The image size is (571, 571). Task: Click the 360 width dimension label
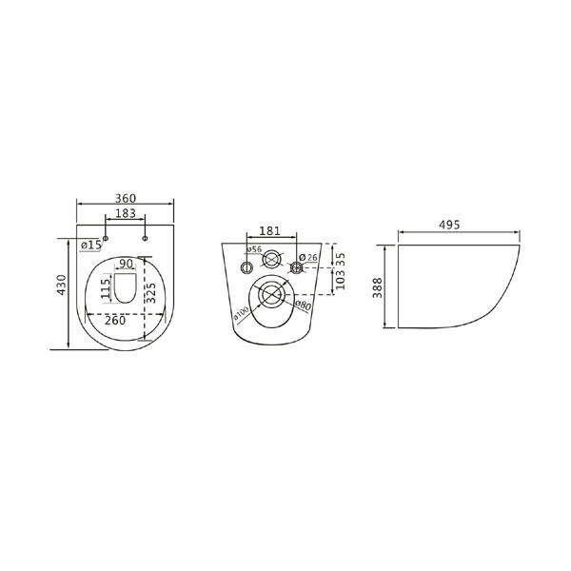(x=126, y=199)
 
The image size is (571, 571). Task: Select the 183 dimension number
(x=126, y=213)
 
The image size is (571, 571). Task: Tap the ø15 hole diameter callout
(x=90, y=245)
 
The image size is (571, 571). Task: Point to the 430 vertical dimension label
(x=62, y=285)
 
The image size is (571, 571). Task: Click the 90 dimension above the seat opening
(x=126, y=264)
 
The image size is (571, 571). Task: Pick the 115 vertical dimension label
(x=106, y=289)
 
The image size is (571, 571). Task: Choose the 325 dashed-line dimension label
(x=151, y=292)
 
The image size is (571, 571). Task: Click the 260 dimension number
(x=115, y=321)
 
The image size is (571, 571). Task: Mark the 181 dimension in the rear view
(x=270, y=230)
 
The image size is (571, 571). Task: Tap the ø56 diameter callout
(x=254, y=249)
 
